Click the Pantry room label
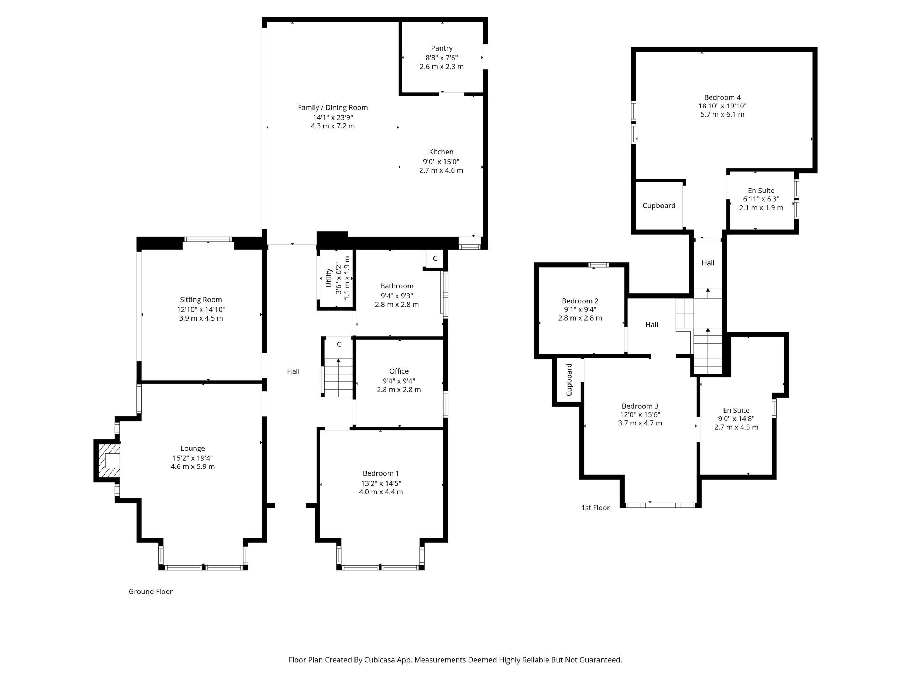tap(442, 48)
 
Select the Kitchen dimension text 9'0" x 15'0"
tap(441, 162)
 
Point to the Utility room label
tap(329, 278)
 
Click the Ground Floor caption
tap(150, 591)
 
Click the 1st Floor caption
tap(595, 508)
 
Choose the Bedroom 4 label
tap(722, 97)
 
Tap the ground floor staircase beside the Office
tap(338, 377)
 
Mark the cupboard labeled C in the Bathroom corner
tap(435, 259)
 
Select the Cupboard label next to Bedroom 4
tap(659, 206)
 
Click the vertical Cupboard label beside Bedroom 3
tap(569, 380)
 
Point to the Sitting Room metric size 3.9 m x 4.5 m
tap(201, 318)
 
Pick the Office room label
tap(399, 371)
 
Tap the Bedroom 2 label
tap(580, 301)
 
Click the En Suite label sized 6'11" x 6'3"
tap(761, 191)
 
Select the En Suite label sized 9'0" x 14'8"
tap(736, 410)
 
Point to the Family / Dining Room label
tap(332, 107)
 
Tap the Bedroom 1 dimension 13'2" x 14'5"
tap(381, 483)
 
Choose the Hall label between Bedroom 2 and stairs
tap(652, 324)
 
